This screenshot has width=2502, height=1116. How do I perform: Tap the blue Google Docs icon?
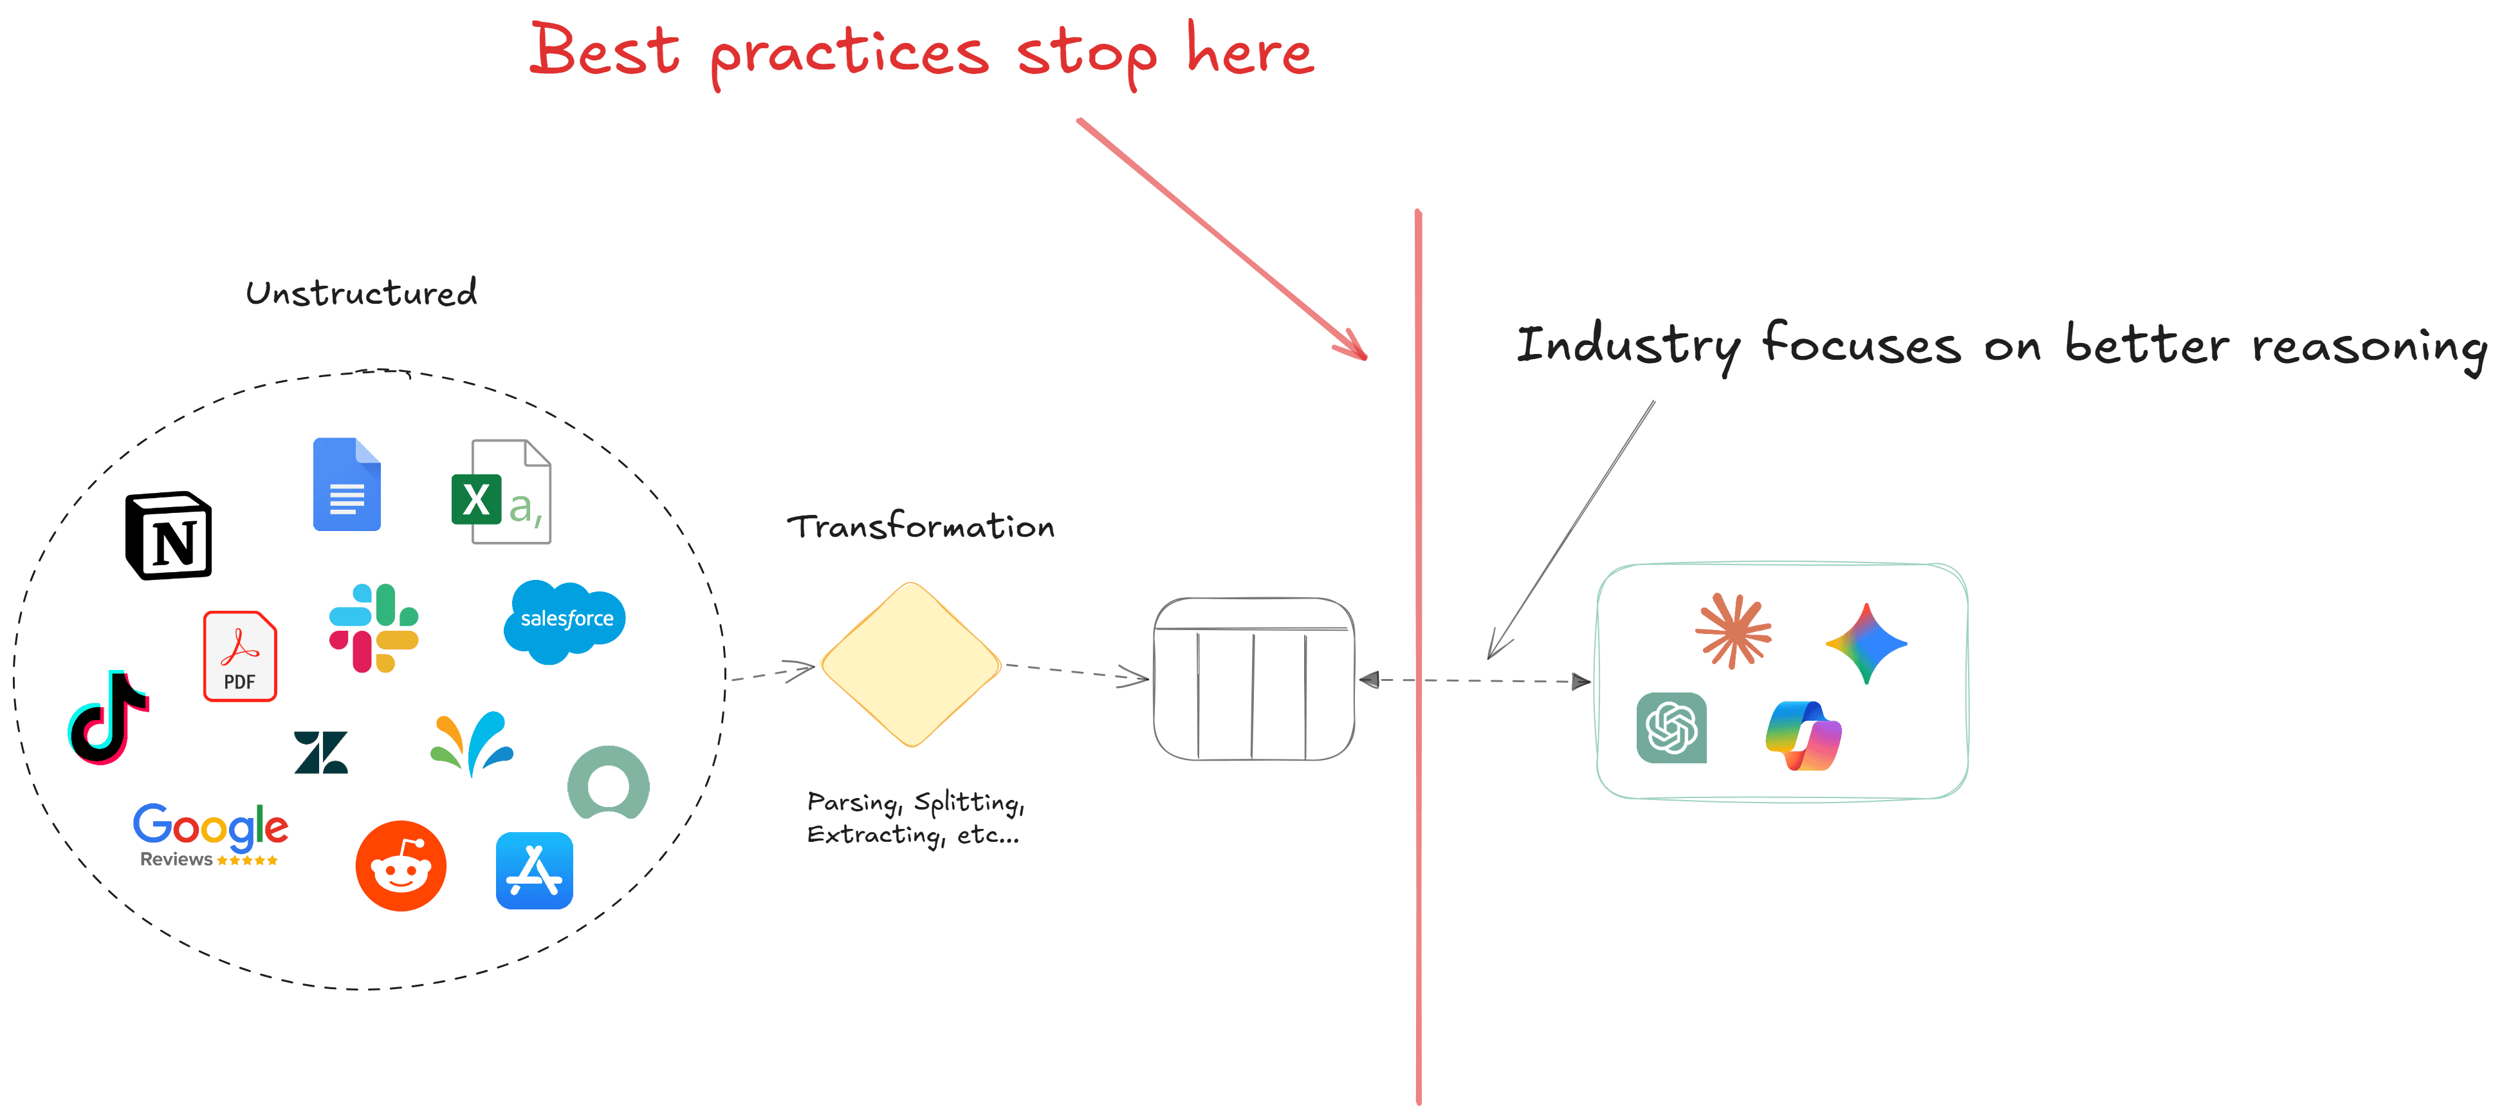[x=347, y=485]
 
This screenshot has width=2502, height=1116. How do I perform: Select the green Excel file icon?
[x=500, y=492]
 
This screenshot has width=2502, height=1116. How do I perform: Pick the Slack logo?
[x=374, y=628]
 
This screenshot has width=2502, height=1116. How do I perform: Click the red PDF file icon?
[x=240, y=656]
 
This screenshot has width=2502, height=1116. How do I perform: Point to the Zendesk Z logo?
[x=320, y=752]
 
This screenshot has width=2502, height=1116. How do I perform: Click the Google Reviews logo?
[x=210, y=834]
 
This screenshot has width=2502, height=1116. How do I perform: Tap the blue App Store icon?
[x=534, y=870]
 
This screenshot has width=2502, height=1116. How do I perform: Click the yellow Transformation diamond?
[x=910, y=664]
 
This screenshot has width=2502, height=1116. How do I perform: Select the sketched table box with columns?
[x=1253, y=679]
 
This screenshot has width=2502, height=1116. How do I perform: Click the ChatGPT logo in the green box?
[x=1671, y=727]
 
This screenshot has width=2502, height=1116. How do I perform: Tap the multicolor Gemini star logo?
[x=1866, y=643]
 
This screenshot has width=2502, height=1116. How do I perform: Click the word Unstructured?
[x=362, y=293]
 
